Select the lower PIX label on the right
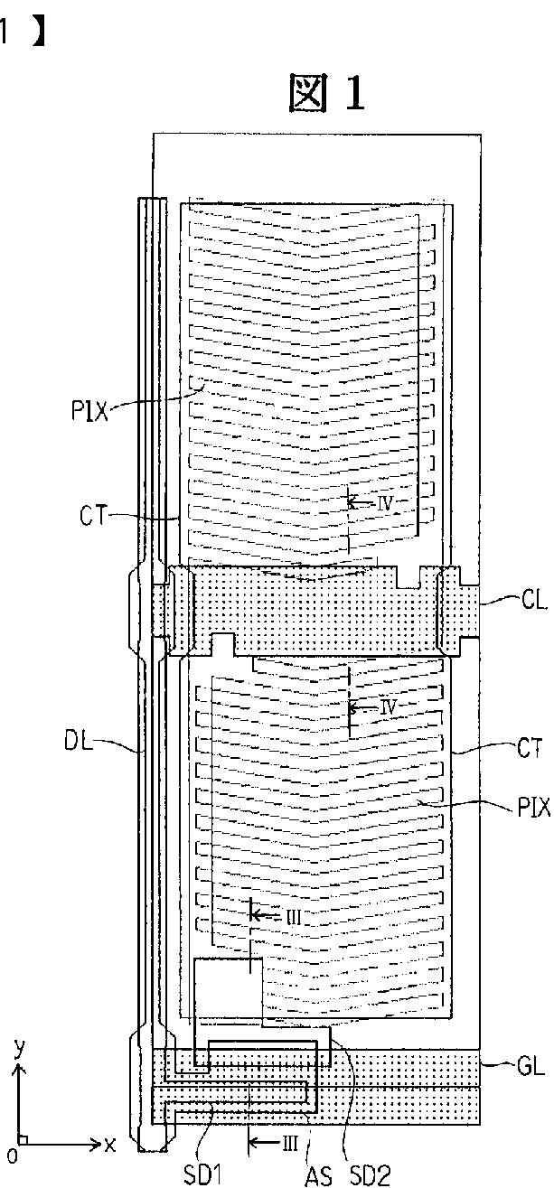532,808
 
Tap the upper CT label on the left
93,517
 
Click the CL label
533,601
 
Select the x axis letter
110,1145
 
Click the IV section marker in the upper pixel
384,504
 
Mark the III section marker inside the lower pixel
291,915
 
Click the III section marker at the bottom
288,1142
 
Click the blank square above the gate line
221,987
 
